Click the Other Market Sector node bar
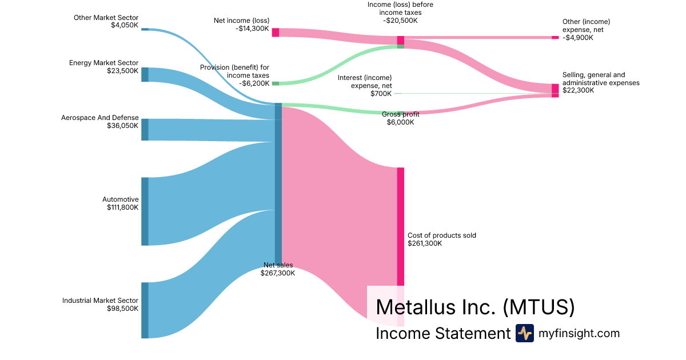point(145,29)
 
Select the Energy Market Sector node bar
point(145,75)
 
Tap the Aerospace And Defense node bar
point(145,130)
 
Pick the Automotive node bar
point(145,211)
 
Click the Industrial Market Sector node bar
point(145,310)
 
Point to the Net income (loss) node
point(276,33)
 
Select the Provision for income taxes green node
point(276,83)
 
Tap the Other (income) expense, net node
point(555,37)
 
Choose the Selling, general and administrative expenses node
point(555,91)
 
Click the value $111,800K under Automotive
point(122,207)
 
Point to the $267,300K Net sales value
point(278,273)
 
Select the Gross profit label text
point(401,114)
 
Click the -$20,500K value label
point(400,21)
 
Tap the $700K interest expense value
point(381,94)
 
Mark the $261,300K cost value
point(425,243)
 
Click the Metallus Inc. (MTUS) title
point(475,307)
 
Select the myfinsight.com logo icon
point(525,333)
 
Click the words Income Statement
point(443,333)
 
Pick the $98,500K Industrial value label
point(122,309)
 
